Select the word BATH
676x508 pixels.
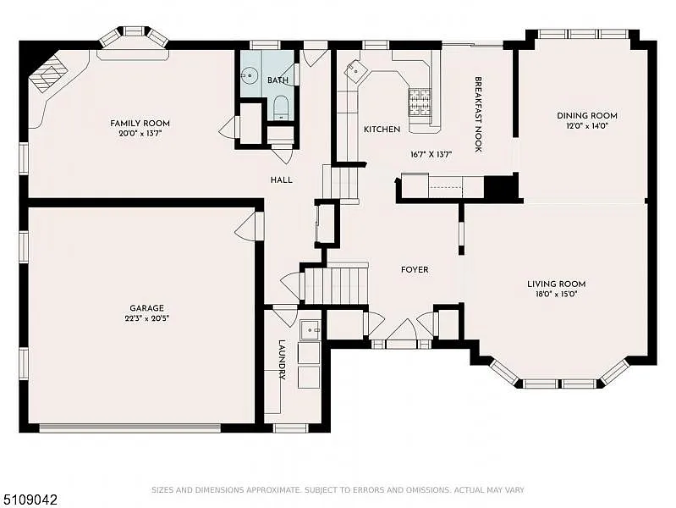point(278,80)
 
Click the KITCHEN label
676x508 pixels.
point(382,130)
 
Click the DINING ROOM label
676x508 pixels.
point(586,115)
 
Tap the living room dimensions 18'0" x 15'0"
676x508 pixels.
point(557,295)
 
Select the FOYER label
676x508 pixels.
point(415,270)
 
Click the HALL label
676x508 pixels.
point(281,180)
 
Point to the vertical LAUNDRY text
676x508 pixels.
point(282,362)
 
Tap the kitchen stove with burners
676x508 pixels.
point(420,102)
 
